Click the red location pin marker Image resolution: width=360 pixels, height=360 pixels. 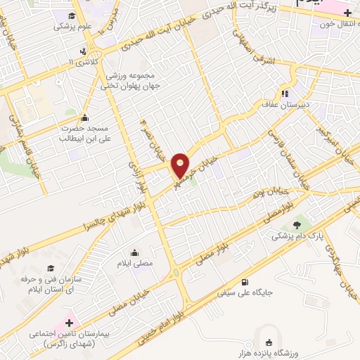tap(181, 165)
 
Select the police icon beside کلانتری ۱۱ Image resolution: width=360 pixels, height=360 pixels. tap(84, 51)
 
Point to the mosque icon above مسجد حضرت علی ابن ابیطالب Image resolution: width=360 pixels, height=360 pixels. tap(85, 117)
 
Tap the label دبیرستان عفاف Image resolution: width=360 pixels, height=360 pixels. tap(285, 103)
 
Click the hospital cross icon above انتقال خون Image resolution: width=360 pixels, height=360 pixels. tap(348, 13)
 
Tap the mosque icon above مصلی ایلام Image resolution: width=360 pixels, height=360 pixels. tap(134, 252)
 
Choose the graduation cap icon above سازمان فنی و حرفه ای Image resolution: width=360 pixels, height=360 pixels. tap(50, 269)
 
